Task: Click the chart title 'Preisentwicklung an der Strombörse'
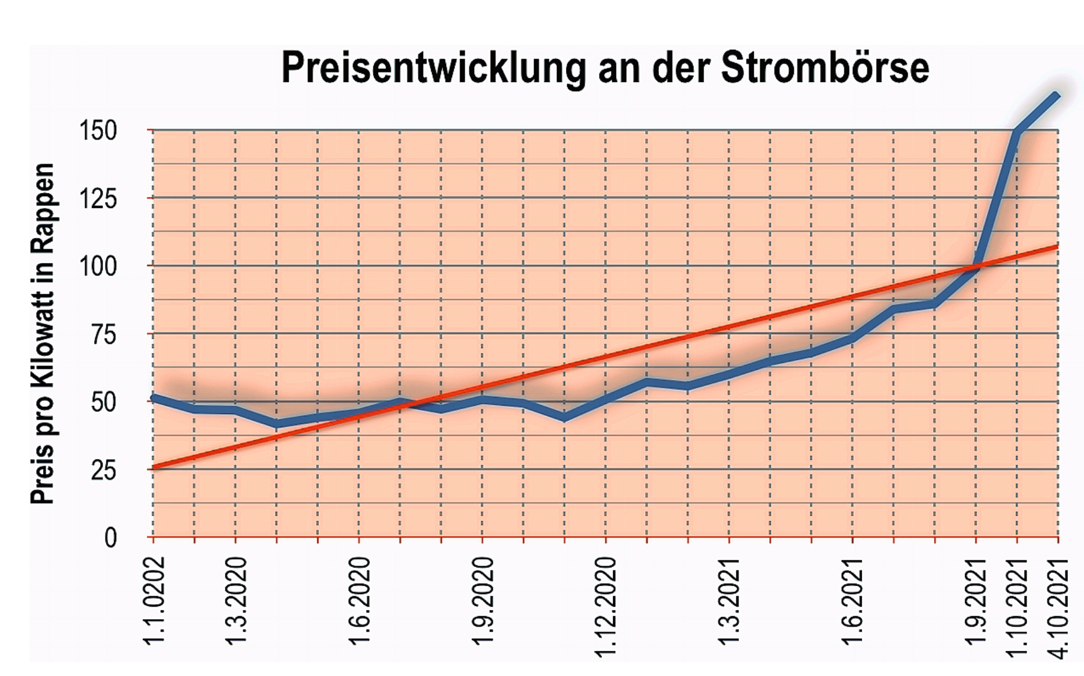coord(604,68)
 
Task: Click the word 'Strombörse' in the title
coord(824,68)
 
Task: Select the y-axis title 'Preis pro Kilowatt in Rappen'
coord(43,333)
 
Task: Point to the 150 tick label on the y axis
coord(98,131)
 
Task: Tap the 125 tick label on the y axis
coord(98,198)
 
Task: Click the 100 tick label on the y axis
coord(98,266)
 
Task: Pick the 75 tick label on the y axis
coord(104,334)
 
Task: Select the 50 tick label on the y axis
coord(104,402)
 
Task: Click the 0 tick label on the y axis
coord(110,538)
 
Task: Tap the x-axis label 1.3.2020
coord(236,600)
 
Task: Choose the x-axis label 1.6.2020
coord(360,600)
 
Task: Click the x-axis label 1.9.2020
coord(483,600)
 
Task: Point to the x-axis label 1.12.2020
coord(606,606)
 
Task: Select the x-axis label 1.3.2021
coord(730,600)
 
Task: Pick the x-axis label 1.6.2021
coord(853,600)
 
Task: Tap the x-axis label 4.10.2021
coord(1059,606)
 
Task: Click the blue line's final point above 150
coord(1056,96)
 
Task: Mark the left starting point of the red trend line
coord(154,467)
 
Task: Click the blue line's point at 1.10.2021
coord(1017,131)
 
